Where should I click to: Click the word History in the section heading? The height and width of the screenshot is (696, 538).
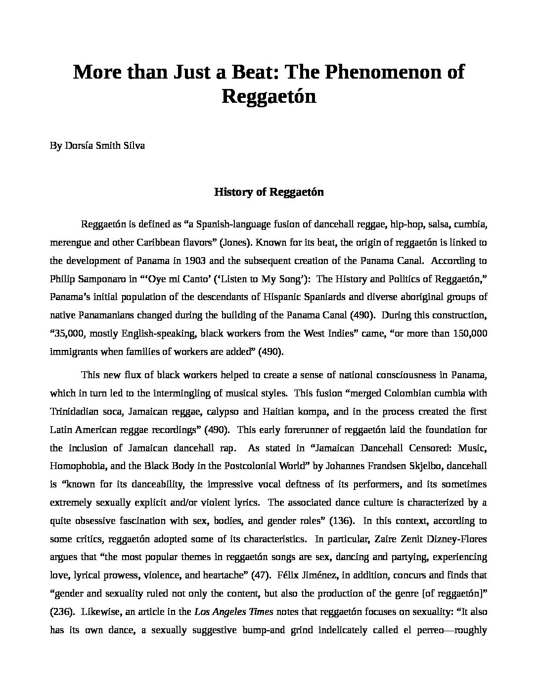(x=233, y=192)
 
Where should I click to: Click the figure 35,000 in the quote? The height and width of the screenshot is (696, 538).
(x=69, y=333)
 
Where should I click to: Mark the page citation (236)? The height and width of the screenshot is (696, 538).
(x=62, y=611)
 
